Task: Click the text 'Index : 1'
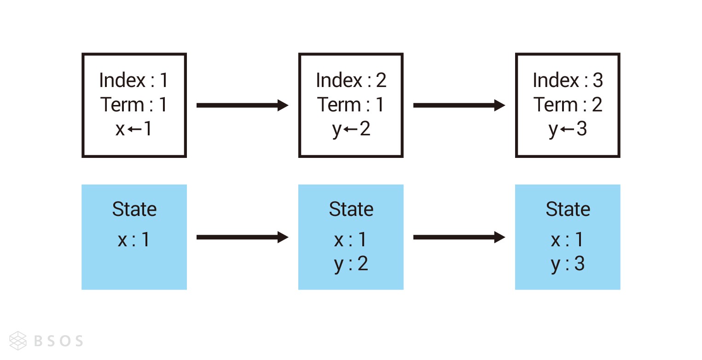coord(134,80)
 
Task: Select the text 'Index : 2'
coord(351,80)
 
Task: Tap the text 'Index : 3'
coord(568,80)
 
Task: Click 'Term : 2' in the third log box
coord(568,105)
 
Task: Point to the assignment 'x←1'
coord(134,129)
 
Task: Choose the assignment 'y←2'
coord(351,129)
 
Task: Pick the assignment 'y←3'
coord(568,129)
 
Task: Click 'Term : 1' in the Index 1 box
coord(134,105)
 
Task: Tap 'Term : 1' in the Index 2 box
coord(351,105)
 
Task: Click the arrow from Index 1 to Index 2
coord(242,105)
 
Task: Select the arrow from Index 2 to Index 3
coord(459,105)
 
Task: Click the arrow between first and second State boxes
coord(242,237)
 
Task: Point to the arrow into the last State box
coord(459,237)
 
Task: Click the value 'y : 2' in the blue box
coord(351,264)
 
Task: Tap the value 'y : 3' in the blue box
coord(568,264)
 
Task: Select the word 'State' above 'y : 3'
coord(568,209)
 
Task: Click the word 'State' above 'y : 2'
coord(351,209)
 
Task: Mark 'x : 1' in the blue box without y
coord(134,240)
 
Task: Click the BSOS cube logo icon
coord(18,341)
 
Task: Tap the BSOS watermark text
coord(58,341)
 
